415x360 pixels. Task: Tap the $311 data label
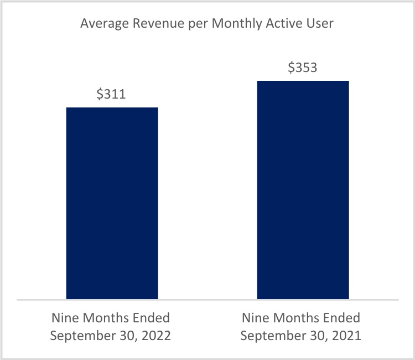point(111,94)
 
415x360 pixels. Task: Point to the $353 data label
point(303,68)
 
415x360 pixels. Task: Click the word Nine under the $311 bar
point(64,318)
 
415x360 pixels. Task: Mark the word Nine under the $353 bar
point(255,318)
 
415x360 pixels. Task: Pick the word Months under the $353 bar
point(297,318)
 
